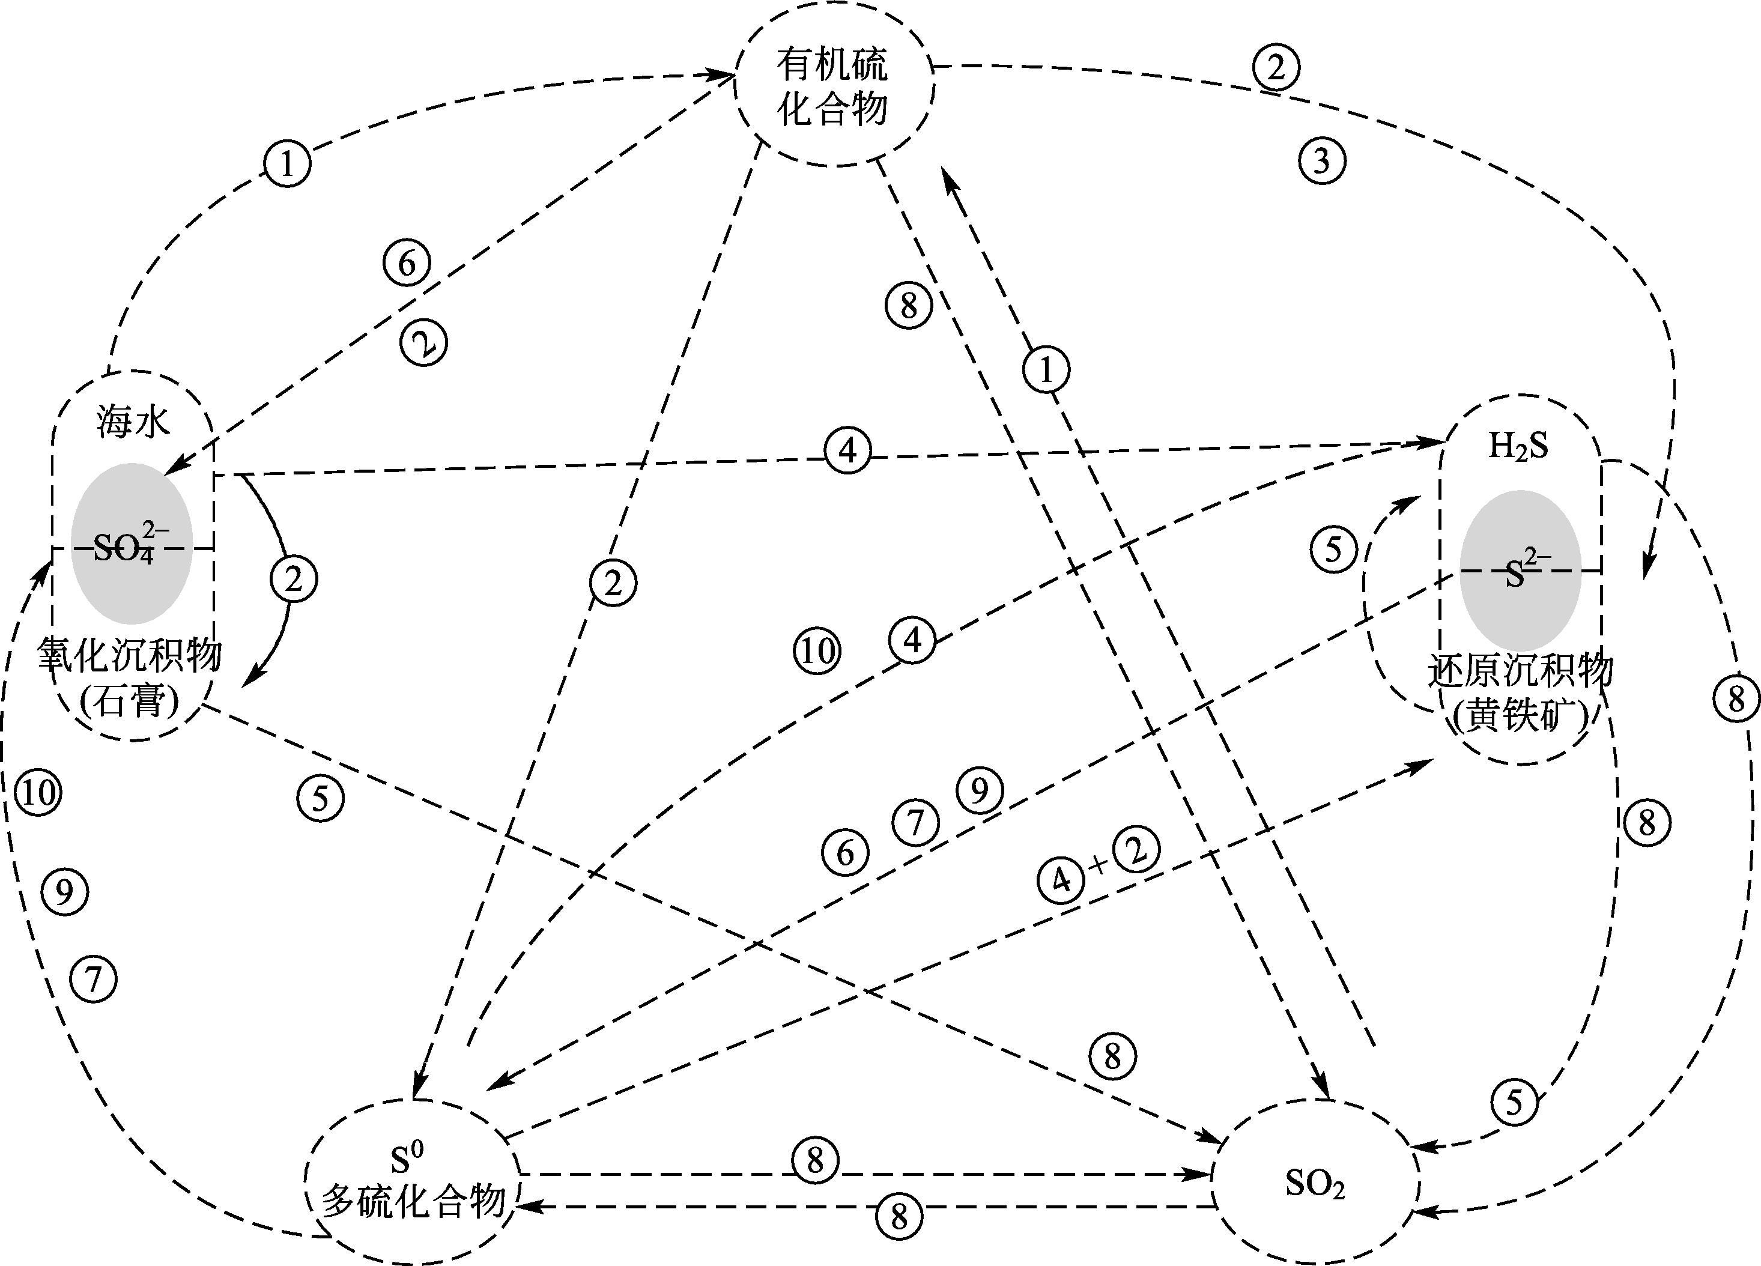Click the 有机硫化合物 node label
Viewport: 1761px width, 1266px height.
(x=832, y=87)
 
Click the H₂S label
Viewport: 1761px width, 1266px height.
(x=1518, y=446)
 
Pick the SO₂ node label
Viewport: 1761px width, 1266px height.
(x=1315, y=1184)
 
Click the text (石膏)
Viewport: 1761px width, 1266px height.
(x=130, y=703)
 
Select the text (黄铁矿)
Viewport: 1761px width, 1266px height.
(x=1520, y=716)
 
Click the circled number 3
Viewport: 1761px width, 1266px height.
(x=1321, y=162)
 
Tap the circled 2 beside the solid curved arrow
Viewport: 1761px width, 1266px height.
(x=294, y=579)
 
